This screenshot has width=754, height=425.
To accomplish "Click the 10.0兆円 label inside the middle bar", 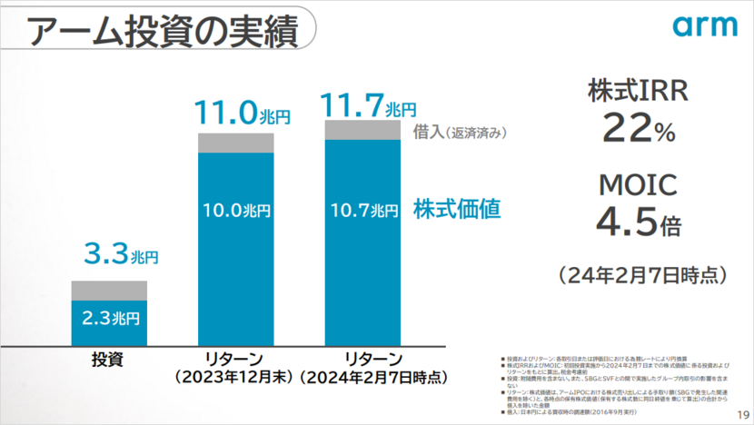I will point(235,211).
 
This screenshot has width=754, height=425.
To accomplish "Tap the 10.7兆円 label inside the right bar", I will point(362,211).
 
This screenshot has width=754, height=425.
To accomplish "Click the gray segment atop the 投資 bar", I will point(109,290).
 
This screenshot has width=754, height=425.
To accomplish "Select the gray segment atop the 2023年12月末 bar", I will point(235,143).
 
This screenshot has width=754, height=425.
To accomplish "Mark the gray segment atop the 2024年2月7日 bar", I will point(362,130).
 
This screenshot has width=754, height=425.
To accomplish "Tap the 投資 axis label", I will point(109,358).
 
